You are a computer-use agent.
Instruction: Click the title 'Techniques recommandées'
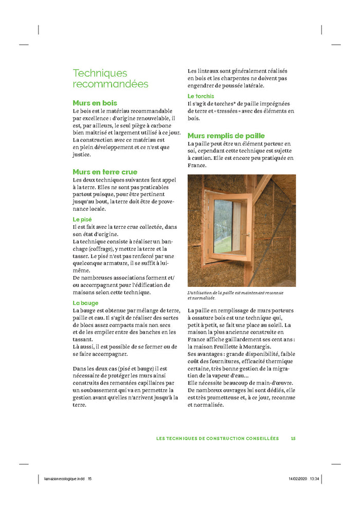click(x=110, y=78)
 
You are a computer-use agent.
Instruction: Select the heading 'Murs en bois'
click(x=95, y=103)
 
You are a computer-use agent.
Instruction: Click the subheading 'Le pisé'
click(x=82, y=219)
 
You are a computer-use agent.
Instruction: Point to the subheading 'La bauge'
click(x=85, y=303)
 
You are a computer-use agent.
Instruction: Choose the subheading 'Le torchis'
click(x=201, y=96)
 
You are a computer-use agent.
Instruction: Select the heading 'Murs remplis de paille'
click(x=226, y=136)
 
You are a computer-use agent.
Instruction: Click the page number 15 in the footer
click(x=293, y=439)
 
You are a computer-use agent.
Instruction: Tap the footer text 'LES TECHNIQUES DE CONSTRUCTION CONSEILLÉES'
click(x=217, y=439)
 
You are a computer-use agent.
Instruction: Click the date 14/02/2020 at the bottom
click(x=297, y=479)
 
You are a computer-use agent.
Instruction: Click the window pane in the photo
click(x=223, y=226)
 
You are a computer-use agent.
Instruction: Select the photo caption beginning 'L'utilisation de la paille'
click(x=235, y=295)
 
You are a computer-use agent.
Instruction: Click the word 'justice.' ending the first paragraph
click(x=82, y=154)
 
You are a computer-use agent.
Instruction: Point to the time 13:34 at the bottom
click(x=315, y=479)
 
